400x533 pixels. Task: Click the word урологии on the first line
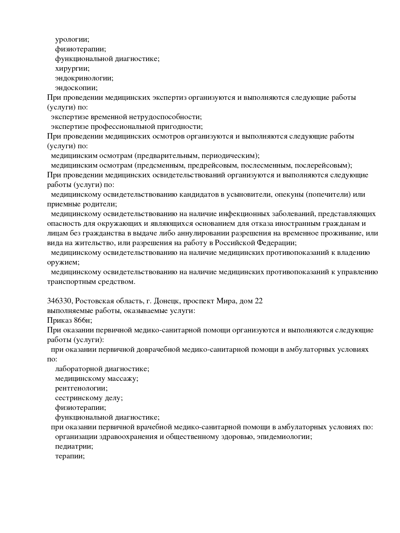(x=72, y=40)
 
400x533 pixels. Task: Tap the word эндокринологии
(x=84, y=78)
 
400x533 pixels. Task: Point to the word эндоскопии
(x=76, y=88)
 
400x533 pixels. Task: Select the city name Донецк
(x=166, y=301)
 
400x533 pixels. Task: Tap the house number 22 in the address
(x=258, y=301)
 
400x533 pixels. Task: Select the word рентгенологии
(x=81, y=388)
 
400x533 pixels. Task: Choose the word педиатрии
(x=74, y=446)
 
